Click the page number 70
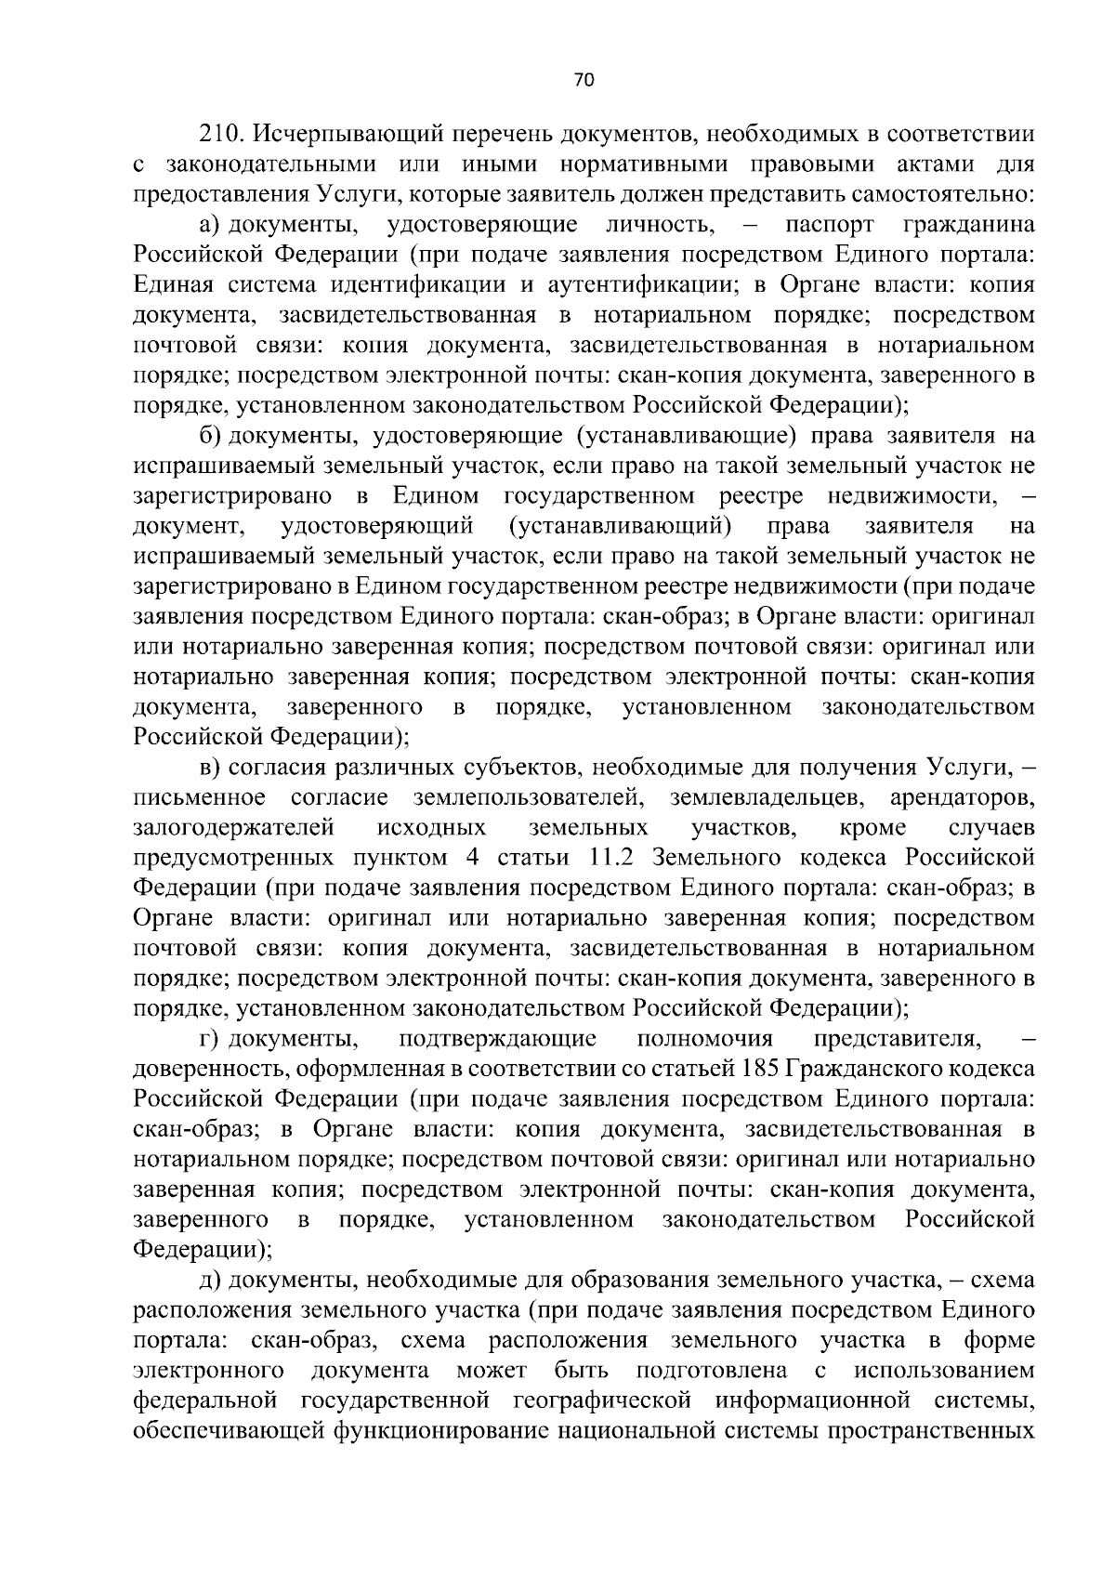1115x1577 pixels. pyautogui.click(x=584, y=81)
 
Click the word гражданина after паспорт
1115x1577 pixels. pyautogui.click(x=968, y=226)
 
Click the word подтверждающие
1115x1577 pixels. pyautogui.click(x=498, y=1040)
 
